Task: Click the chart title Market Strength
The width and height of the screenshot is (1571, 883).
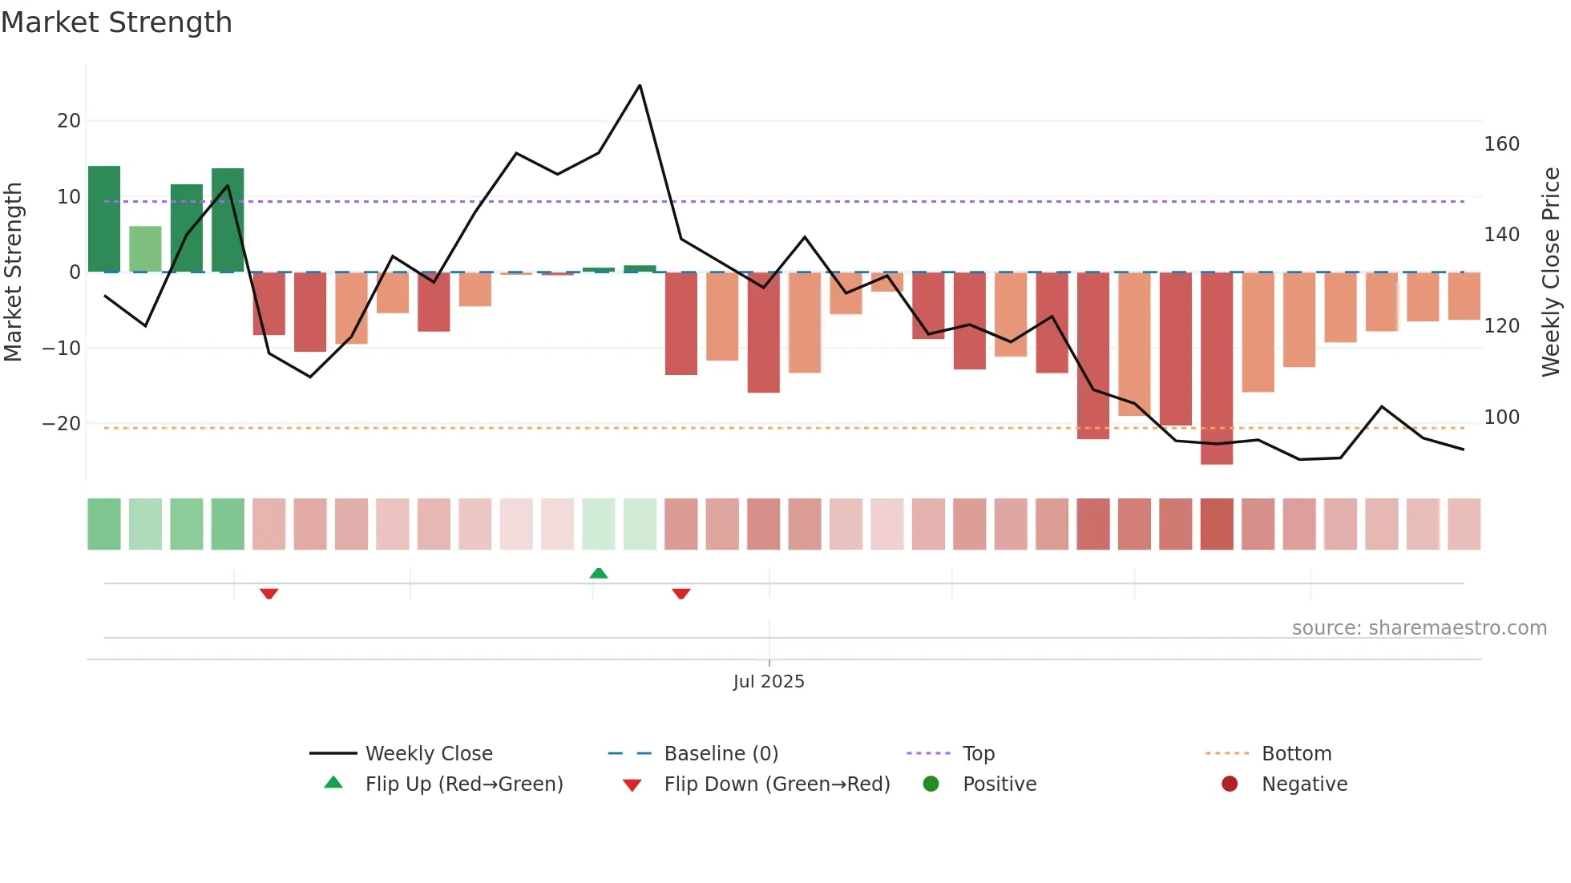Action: tap(116, 22)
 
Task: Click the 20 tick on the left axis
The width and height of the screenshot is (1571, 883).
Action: tap(69, 121)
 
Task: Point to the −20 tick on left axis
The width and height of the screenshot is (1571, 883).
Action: tap(62, 424)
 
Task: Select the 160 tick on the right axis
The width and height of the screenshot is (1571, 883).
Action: tap(1501, 144)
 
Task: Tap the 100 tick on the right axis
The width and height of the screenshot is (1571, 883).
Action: tap(1501, 417)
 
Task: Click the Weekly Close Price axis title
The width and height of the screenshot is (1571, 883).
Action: tap(1551, 272)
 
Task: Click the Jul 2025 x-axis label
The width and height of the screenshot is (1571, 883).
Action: tap(768, 682)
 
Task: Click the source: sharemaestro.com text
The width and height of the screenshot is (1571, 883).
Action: tap(1419, 628)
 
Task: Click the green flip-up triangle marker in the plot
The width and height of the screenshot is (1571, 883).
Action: tap(599, 573)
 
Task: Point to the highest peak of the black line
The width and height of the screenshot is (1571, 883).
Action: tap(640, 86)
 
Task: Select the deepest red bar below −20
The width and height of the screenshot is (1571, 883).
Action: tap(1216, 369)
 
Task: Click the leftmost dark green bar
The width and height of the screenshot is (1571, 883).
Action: tap(104, 219)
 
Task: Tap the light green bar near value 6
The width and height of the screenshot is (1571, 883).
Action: tap(145, 249)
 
